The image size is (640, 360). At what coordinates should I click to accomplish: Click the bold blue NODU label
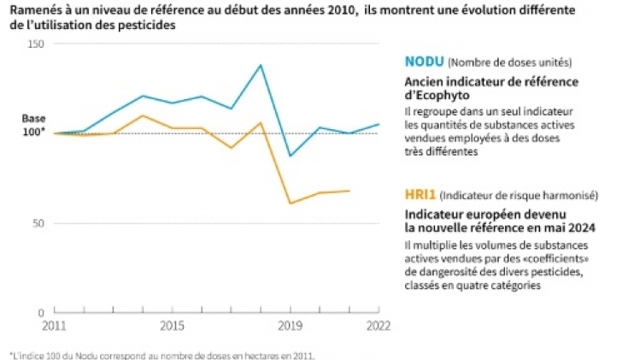click(x=423, y=62)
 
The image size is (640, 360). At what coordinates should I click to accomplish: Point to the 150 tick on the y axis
click(x=36, y=43)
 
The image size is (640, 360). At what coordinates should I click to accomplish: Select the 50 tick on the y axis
click(x=38, y=223)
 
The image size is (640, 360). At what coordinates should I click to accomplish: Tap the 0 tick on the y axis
click(x=42, y=314)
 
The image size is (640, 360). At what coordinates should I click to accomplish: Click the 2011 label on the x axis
click(x=53, y=327)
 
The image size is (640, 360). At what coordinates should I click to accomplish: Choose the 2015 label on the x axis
click(x=171, y=327)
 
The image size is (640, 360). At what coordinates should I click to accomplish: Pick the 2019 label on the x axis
click(x=291, y=327)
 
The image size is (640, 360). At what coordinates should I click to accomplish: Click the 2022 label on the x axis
click(x=379, y=327)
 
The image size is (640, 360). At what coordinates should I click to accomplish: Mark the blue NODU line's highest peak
click(x=261, y=65)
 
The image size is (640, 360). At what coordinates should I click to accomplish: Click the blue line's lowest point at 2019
click(x=291, y=156)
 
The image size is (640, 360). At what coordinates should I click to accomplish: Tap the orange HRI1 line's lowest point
click(x=291, y=204)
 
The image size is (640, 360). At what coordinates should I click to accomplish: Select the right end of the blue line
click(x=379, y=124)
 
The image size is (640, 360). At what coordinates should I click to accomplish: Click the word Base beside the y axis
click(x=33, y=119)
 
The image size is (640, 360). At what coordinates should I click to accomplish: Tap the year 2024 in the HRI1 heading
click(x=579, y=228)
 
